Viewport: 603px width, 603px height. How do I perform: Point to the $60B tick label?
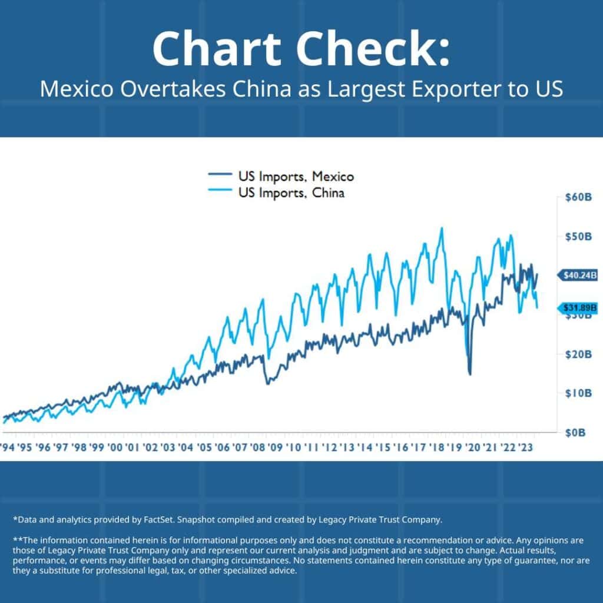578,197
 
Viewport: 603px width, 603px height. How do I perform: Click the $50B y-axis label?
578,237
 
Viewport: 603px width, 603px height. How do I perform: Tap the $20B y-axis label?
578,354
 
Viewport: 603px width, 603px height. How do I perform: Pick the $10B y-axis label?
578,393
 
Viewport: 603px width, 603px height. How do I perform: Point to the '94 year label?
7,448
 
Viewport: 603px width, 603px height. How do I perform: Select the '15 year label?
384,448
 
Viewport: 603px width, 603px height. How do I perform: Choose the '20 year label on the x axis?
473,448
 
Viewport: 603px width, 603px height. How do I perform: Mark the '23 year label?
526,448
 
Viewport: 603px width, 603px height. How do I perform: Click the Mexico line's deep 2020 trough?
469,373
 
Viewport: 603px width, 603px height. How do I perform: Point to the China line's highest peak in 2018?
441,228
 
